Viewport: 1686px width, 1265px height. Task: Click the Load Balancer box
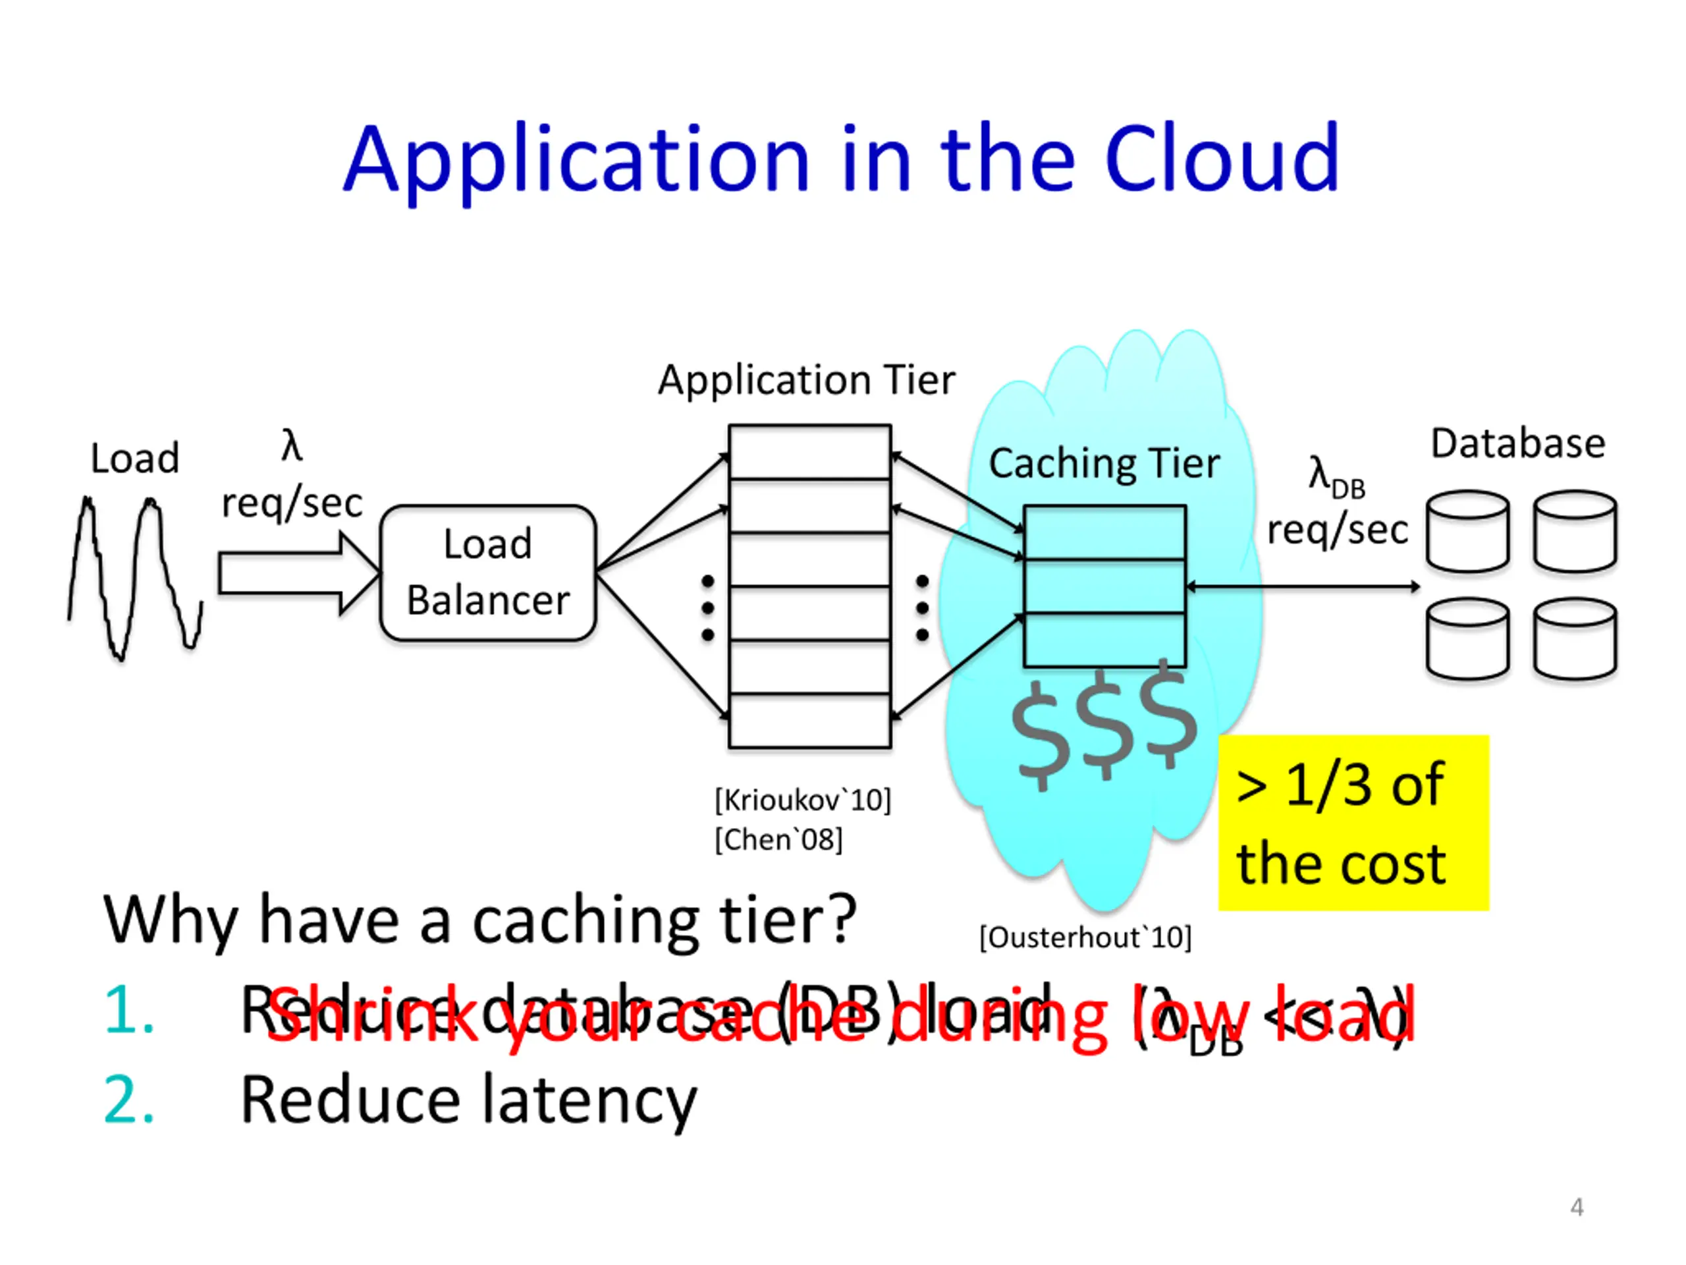coord(488,573)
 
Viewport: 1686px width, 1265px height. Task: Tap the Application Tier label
coord(805,379)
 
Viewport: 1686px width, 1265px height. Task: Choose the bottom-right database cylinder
coord(1575,638)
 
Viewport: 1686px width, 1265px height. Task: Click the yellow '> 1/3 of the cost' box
coord(1353,823)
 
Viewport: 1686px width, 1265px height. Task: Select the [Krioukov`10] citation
coord(803,801)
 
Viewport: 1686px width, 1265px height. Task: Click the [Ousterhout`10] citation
coord(1085,937)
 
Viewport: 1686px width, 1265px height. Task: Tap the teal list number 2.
coord(128,1100)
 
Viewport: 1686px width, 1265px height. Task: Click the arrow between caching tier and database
coord(1303,586)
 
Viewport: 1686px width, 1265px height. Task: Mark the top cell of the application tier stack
coord(809,452)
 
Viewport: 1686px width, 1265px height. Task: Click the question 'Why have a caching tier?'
coord(480,920)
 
